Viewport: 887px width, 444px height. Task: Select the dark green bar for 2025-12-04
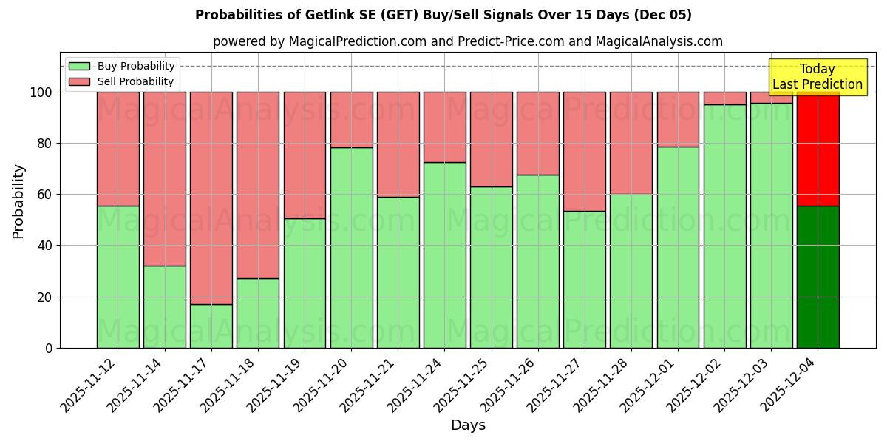pos(818,277)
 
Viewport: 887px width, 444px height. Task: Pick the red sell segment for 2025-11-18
pos(258,185)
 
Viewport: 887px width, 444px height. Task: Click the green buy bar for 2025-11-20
pos(351,247)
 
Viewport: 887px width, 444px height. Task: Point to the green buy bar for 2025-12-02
pos(724,226)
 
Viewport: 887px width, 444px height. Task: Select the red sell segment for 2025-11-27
pos(585,152)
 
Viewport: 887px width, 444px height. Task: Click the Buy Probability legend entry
pos(122,66)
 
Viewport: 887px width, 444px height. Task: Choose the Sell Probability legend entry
pos(121,81)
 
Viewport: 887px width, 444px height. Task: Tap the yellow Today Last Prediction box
pos(817,77)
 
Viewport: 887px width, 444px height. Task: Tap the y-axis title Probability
pos(18,201)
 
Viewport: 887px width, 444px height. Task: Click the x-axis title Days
pos(468,425)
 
